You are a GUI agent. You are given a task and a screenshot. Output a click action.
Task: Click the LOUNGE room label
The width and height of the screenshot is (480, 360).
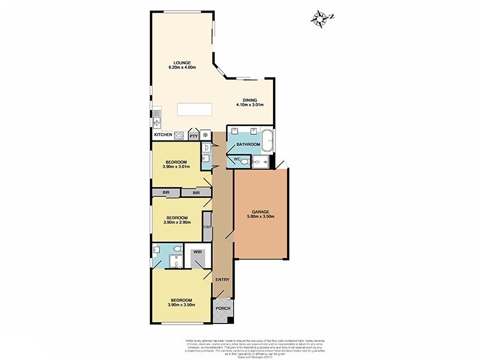click(x=181, y=62)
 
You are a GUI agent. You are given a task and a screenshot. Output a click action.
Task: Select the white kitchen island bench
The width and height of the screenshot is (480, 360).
click(x=195, y=110)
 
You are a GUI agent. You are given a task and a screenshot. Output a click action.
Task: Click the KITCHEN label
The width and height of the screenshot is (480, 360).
click(x=163, y=135)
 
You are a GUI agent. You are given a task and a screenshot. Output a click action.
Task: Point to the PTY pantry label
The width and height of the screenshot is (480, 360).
click(x=193, y=136)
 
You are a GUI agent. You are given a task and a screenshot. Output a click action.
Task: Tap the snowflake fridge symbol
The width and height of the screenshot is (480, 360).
click(x=205, y=136)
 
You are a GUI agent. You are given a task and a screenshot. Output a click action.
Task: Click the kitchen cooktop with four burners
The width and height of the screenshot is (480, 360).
click(x=178, y=136)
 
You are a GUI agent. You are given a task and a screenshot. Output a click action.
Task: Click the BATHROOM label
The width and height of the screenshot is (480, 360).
click(x=248, y=145)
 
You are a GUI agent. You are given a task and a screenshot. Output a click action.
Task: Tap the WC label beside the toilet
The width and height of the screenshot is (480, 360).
click(x=236, y=158)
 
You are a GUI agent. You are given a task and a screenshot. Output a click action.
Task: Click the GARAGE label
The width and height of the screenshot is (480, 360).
click(x=260, y=211)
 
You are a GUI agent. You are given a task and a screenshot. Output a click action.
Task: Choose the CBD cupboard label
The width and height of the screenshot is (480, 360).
click(x=207, y=227)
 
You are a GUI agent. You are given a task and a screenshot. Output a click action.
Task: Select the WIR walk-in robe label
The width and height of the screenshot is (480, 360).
click(x=197, y=253)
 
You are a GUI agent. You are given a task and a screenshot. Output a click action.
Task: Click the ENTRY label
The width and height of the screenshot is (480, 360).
click(x=222, y=280)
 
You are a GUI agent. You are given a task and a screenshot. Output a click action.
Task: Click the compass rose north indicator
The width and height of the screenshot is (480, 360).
click(x=319, y=17)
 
